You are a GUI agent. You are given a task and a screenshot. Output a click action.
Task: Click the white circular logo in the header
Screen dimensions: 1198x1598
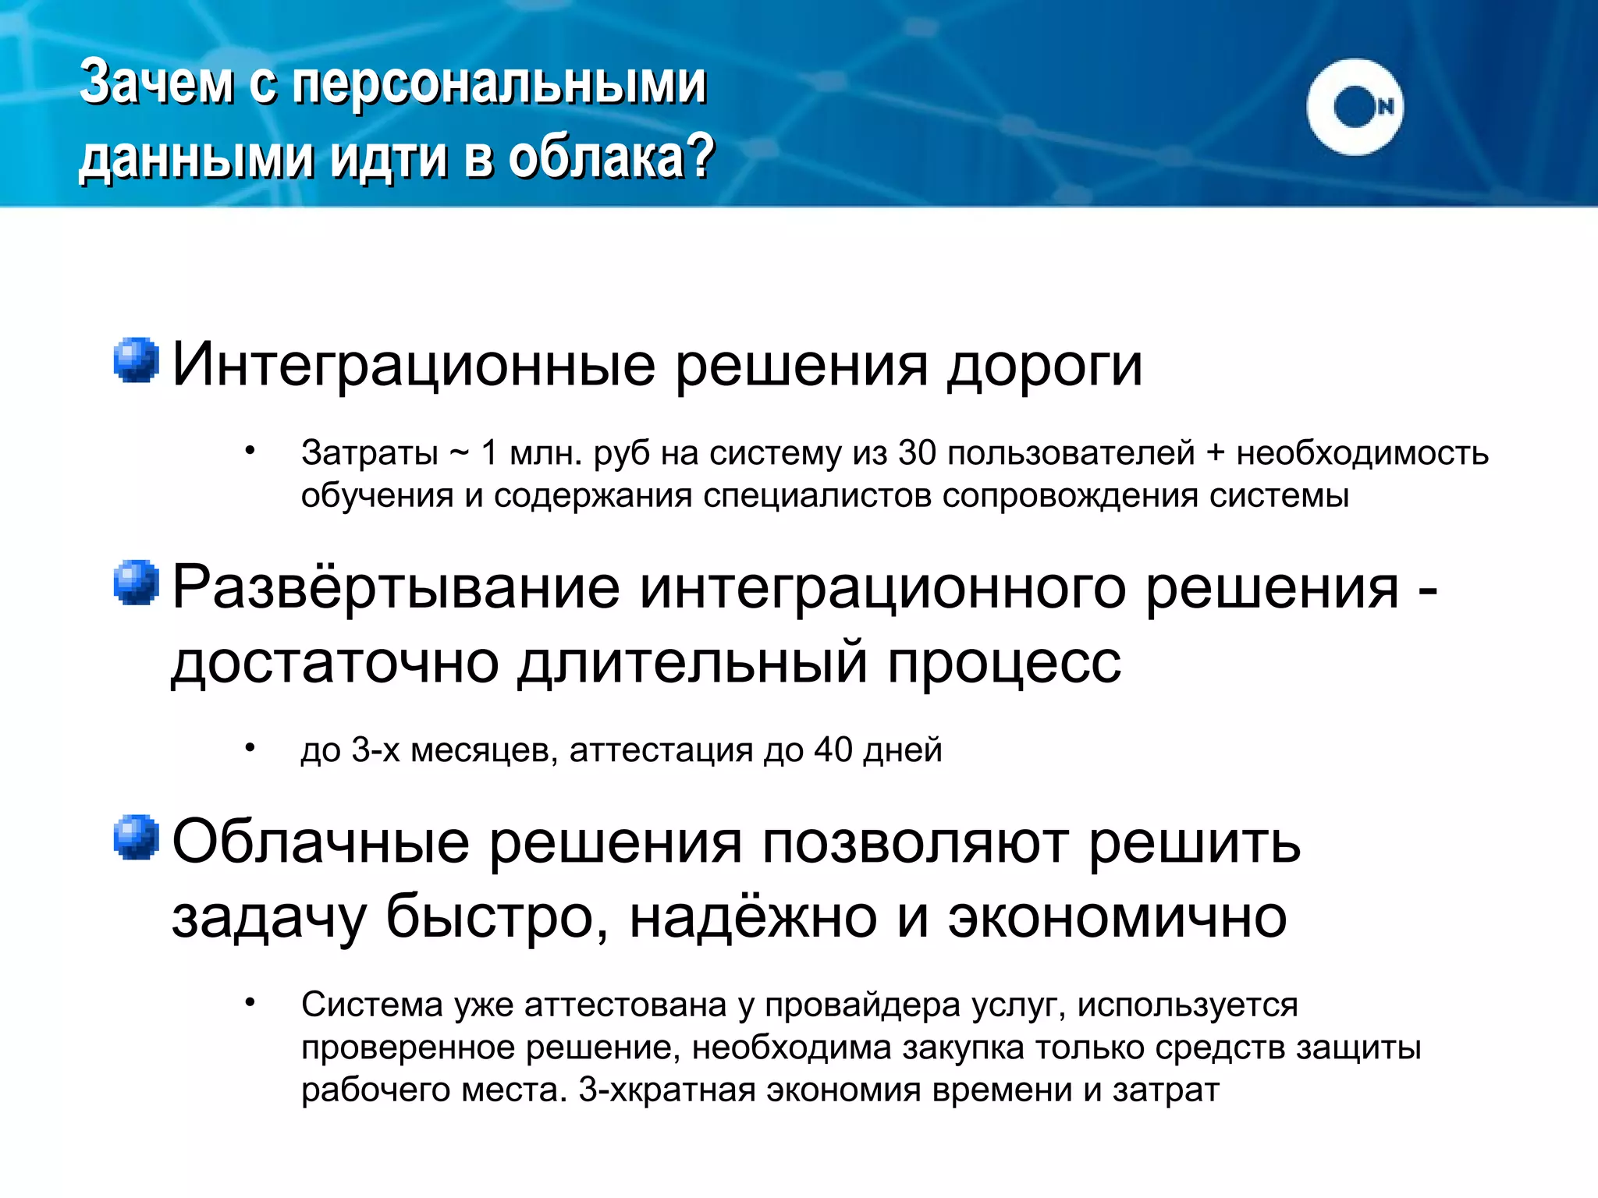tap(1355, 107)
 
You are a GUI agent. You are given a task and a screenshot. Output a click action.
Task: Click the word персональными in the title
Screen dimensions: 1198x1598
tap(499, 82)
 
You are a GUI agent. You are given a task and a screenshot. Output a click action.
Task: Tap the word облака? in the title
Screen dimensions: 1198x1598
tap(612, 157)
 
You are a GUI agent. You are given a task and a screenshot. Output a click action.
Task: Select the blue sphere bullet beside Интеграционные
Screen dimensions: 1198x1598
tap(137, 360)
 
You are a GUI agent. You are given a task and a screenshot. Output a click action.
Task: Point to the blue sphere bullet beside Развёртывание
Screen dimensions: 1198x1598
tap(137, 582)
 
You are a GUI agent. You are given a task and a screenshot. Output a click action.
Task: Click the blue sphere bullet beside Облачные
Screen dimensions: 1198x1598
tap(137, 837)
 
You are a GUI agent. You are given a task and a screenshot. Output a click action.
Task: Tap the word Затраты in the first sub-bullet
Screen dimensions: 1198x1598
tap(370, 453)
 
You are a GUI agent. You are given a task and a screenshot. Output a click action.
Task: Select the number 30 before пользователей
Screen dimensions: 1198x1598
tap(916, 453)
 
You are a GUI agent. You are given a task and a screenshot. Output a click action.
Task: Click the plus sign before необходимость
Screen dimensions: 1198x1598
tap(1215, 453)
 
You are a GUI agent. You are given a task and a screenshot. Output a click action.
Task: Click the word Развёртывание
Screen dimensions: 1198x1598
tap(396, 587)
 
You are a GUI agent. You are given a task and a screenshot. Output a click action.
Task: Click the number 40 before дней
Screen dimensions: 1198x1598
tap(833, 750)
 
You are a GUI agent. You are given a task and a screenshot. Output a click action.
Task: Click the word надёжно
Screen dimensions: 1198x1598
tap(753, 917)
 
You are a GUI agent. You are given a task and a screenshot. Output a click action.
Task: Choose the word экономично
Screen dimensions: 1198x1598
tap(1117, 917)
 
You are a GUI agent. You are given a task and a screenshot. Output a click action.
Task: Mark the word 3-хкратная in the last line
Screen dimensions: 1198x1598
tap(666, 1090)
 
